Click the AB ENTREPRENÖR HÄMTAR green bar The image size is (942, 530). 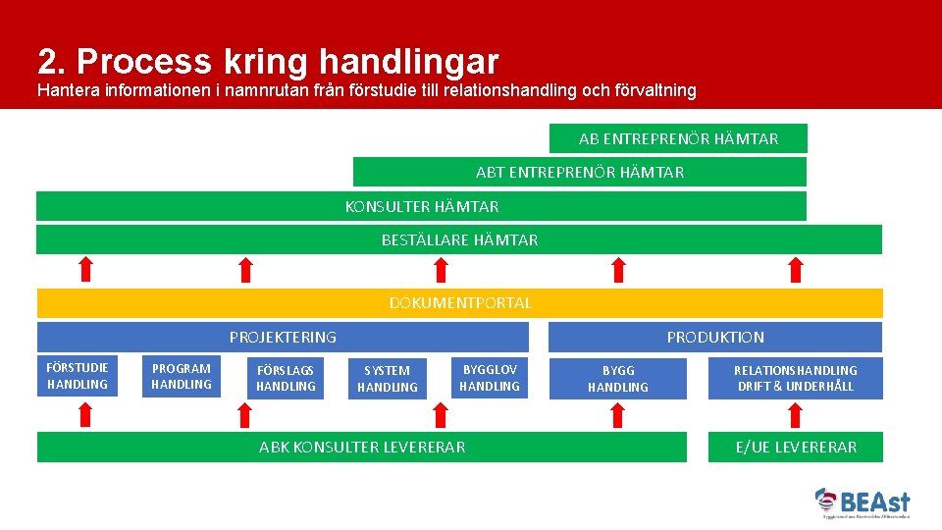(x=678, y=138)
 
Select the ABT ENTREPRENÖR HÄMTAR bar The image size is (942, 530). (x=580, y=173)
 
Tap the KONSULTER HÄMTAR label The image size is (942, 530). (x=422, y=207)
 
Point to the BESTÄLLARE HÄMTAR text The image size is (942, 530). (x=459, y=239)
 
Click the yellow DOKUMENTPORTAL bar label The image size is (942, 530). (x=460, y=303)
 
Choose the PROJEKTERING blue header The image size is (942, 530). (x=283, y=337)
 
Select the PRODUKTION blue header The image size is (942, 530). (x=715, y=337)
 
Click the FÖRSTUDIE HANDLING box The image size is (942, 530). (x=78, y=376)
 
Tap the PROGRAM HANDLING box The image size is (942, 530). (x=182, y=377)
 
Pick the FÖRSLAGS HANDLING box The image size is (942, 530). (x=286, y=378)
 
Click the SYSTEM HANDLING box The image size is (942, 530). (x=388, y=378)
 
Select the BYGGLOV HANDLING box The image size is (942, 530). (x=490, y=377)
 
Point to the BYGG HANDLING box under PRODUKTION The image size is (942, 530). (x=618, y=378)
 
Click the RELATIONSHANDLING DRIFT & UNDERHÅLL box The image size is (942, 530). (x=796, y=378)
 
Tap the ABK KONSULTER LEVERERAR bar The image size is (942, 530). (x=362, y=447)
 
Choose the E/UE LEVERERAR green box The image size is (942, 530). (x=796, y=447)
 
